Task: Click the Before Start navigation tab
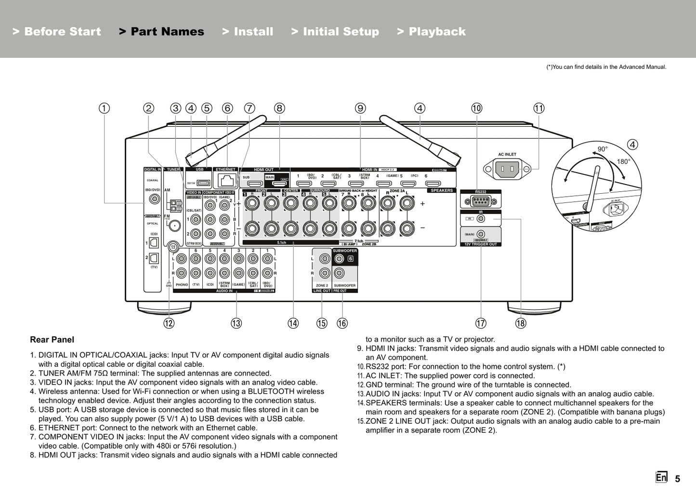click(x=57, y=32)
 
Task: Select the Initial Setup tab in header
click(x=335, y=32)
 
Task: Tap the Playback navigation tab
click(x=432, y=32)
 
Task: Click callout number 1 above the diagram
click(x=105, y=108)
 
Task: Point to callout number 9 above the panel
click(x=360, y=108)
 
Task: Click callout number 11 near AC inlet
click(x=538, y=108)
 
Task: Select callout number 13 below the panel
click(x=236, y=323)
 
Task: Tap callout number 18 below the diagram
click(x=521, y=323)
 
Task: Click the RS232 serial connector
click(x=480, y=201)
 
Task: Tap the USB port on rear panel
click(x=203, y=183)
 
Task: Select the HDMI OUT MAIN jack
click(x=279, y=184)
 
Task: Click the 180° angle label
click(x=623, y=161)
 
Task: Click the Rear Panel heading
click(x=52, y=339)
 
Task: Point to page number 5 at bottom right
click(x=678, y=479)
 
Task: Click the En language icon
click(x=661, y=477)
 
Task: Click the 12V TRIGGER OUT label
click(x=480, y=244)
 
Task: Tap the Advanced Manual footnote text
click(x=606, y=67)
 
